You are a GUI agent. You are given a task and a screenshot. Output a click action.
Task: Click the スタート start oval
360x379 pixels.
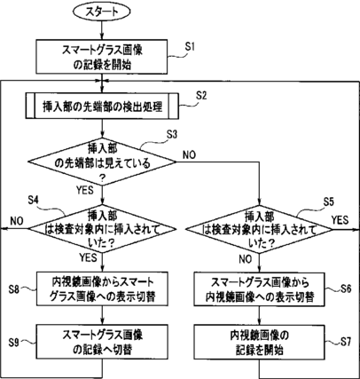[x=102, y=12]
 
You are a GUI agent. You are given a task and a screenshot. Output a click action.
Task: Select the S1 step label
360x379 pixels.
[x=190, y=47]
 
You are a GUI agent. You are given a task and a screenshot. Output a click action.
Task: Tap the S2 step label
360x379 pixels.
[x=201, y=95]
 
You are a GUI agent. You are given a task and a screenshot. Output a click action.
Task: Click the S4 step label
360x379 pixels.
[x=34, y=200]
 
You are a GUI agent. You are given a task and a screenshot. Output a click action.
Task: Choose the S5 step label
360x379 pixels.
[x=328, y=201]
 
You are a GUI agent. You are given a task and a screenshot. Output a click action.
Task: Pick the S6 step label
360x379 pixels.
[x=346, y=288]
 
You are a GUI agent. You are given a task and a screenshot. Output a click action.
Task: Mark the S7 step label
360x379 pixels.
[x=346, y=342]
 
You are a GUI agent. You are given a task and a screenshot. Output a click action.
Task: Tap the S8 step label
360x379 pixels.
[x=14, y=288]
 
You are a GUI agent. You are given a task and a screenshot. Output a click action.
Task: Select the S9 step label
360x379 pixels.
[x=14, y=343]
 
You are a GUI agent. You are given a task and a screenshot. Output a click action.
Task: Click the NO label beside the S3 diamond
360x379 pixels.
[x=189, y=154]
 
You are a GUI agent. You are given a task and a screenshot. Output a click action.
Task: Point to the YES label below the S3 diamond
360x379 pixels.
[x=85, y=190]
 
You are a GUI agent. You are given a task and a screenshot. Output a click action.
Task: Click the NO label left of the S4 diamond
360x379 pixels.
[x=17, y=221]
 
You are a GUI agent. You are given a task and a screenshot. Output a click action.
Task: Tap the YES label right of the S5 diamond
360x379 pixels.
[x=340, y=220]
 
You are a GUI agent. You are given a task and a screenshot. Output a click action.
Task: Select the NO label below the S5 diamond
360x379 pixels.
[x=246, y=259]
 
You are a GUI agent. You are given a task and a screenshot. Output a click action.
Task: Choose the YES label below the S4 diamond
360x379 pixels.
[x=88, y=257]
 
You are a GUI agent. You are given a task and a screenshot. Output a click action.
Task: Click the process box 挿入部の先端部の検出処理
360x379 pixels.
[x=102, y=106]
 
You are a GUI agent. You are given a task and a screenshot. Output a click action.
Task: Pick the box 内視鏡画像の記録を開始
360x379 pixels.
[x=259, y=342]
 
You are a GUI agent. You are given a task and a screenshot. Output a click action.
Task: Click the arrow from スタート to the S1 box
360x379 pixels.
[x=102, y=30]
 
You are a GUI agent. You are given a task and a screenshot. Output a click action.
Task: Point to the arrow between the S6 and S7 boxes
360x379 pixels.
[x=259, y=315]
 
